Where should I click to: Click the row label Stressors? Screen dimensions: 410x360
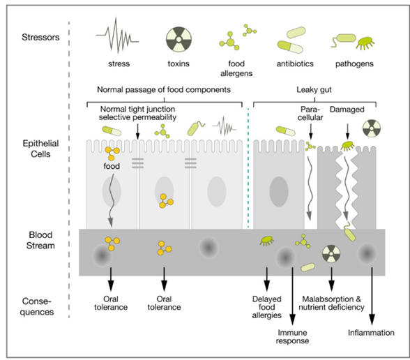pos(40,37)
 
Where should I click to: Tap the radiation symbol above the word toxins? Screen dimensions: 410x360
pos(179,39)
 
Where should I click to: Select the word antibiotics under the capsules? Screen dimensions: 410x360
pos(295,63)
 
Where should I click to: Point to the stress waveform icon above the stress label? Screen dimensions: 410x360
pos(117,36)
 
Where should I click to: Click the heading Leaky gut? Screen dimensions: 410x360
pos(314,90)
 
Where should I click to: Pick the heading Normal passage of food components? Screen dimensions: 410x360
pos(164,90)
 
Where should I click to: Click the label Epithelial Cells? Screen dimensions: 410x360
pos(40,149)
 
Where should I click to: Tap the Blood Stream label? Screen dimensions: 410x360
pos(40,240)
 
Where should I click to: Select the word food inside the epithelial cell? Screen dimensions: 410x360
pos(112,166)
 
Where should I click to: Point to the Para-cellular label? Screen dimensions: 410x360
pos(310,113)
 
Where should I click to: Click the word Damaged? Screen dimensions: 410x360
pos(347,110)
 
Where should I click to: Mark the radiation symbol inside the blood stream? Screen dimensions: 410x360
pos(331,253)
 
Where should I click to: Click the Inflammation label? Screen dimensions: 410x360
pos(371,333)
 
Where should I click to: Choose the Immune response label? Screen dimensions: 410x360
pos(292,337)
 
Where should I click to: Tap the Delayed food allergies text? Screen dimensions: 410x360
pos(266,307)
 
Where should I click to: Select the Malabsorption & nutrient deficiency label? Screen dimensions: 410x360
pos(332,303)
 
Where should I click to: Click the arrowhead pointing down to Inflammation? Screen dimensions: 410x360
pos(372,320)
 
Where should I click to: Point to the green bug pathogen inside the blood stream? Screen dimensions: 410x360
pos(266,241)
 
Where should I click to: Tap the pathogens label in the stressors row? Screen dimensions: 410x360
pos(354,63)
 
